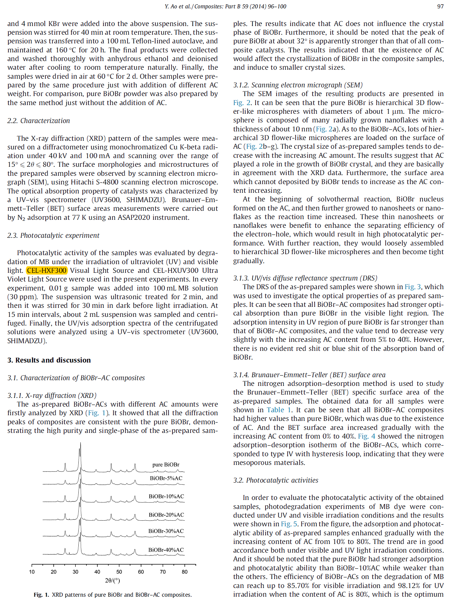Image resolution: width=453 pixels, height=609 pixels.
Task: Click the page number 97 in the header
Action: pos(440,6)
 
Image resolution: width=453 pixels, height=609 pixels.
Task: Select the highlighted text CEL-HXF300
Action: pos(47,270)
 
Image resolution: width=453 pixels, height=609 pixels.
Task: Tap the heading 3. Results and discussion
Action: pos(49,360)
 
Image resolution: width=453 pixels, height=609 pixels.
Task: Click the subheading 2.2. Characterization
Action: pos(39,121)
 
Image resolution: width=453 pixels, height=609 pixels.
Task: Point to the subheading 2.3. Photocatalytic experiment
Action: pos(53,235)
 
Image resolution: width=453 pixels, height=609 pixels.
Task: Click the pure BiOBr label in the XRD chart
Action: pos(166,465)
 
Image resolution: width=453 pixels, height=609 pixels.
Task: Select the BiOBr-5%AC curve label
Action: pos(166,478)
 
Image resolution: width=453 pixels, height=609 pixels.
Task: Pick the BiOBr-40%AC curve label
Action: pos(166,550)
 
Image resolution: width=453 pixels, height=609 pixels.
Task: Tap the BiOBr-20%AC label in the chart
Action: pos(166,515)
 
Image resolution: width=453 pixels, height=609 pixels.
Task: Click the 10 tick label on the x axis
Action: pos(32,572)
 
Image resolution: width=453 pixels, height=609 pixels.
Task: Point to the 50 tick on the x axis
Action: pos(119,572)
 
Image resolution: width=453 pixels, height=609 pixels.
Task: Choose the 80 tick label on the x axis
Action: pos(184,572)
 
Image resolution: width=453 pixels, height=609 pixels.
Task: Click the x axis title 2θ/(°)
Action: pos(113,581)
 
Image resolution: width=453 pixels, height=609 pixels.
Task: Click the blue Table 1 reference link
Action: pos(279,410)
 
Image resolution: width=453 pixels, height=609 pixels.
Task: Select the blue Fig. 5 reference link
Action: pos(289,524)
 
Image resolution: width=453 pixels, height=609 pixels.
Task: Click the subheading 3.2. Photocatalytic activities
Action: pos(276,480)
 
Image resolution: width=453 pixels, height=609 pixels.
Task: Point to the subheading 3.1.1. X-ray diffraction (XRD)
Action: pos(52,396)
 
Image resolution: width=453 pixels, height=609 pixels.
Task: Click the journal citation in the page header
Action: pos(225,6)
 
